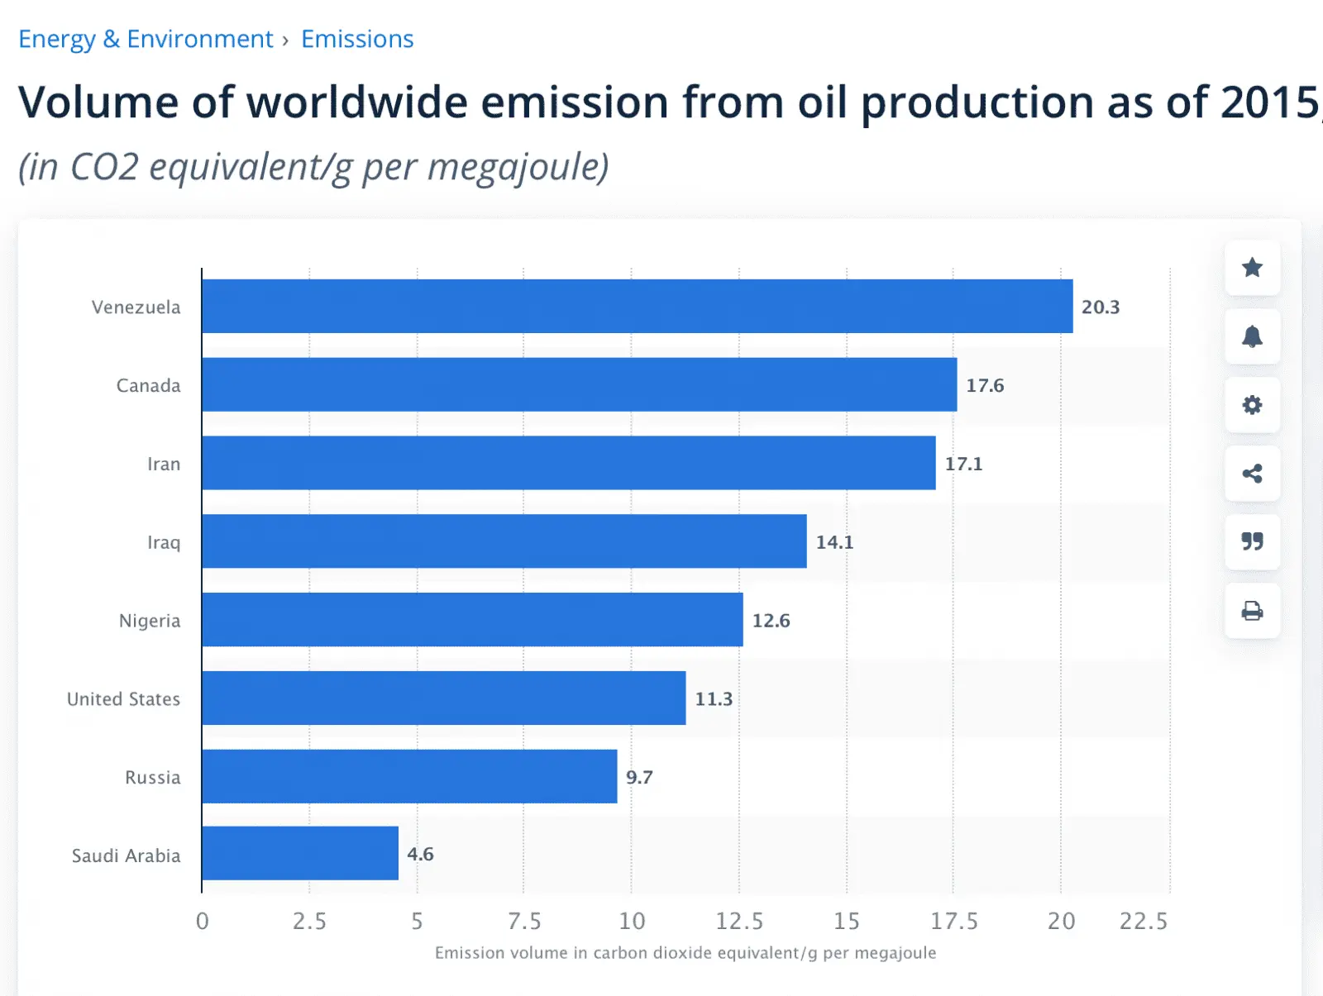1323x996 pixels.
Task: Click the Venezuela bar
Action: (x=637, y=307)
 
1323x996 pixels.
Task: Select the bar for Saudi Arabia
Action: (x=300, y=853)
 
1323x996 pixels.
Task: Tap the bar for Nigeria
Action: (x=472, y=620)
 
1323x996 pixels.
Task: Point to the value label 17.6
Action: (x=985, y=385)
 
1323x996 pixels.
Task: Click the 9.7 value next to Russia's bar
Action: (x=639, y=777)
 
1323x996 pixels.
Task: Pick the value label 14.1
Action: (x=834, y=542)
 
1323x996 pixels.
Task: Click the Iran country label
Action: (x=164, y=464)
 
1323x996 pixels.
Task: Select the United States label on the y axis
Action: (x=123, y=699)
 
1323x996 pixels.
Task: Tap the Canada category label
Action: (x=148, y=385)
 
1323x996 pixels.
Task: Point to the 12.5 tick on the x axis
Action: (x=739, y=921)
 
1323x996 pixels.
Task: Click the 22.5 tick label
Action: (x=1144, y=921)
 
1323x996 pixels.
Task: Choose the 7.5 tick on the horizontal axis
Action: (x=524, y=921)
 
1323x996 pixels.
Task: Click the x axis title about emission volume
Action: (x=685, y=953)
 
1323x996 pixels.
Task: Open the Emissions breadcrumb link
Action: (x=357, y=39)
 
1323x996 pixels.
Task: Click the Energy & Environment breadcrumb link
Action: (x=146, y=39)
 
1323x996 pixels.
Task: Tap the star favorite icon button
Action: (x=1252, y=268)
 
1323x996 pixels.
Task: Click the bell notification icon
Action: (x=1252, y=336)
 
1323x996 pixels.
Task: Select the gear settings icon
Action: (x=1252, y=405)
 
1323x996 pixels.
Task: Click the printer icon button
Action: (x=1252, y=611)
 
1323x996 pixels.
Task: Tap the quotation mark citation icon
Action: (x=1252, y=541)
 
